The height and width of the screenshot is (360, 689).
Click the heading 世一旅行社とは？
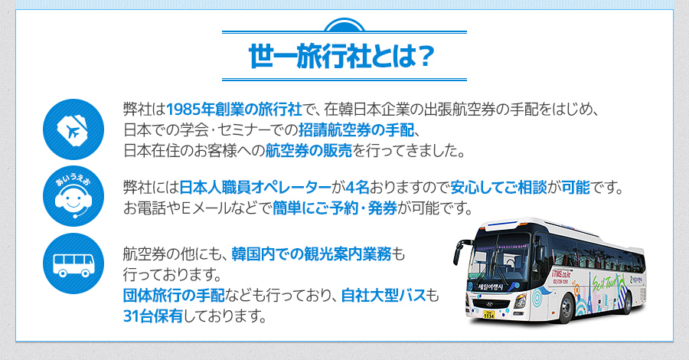(341, 56)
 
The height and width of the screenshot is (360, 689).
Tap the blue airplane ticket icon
(73, 129)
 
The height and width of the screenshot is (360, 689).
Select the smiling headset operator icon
(73, 196)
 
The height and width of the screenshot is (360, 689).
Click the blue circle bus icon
(73, 263)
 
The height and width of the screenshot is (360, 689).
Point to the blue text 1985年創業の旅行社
(233, 109)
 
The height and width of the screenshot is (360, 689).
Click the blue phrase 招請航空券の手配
(356, 130)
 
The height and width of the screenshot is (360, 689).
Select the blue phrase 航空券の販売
(309, 151)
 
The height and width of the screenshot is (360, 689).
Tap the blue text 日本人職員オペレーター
(255, 188)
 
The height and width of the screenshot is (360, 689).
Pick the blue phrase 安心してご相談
(498, 188)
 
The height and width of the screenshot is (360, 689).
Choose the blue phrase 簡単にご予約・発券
(335, 208)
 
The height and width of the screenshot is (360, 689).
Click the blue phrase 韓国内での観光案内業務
(311, 254)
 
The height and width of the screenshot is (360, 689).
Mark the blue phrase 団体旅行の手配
(174, 296)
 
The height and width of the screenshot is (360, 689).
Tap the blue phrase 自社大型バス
(384, 296)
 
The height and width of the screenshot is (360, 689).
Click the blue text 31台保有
(153, 316)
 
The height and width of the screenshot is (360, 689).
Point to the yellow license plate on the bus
(488, 314)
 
